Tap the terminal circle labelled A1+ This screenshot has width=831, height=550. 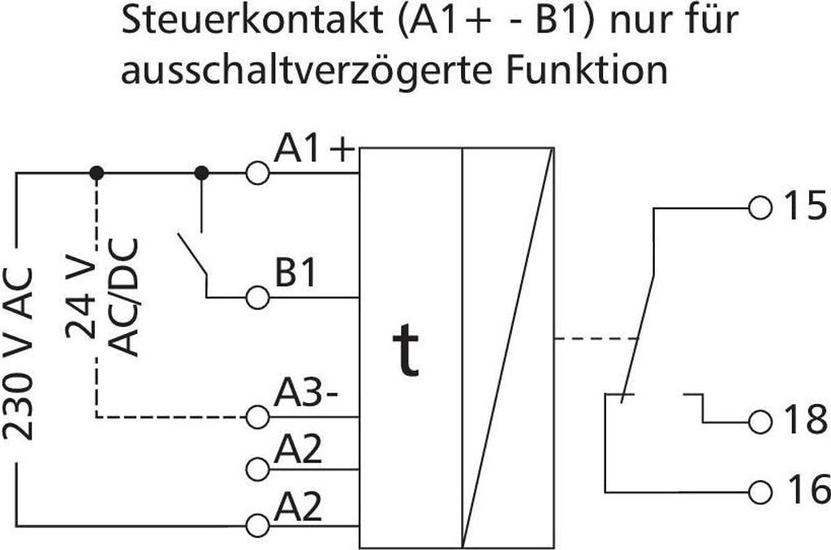click(257, 173)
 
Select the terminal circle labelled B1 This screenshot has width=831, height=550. click(257, 298)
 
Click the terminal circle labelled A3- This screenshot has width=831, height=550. click(257, 417)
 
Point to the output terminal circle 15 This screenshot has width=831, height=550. click(760, 208)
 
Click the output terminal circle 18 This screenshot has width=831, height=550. click(760, 422)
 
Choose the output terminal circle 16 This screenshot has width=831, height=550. click(760, 491)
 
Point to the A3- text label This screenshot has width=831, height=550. click(306, 395)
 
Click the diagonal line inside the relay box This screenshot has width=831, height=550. click(509, 349)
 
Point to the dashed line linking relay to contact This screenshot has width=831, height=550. click(596, 337)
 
